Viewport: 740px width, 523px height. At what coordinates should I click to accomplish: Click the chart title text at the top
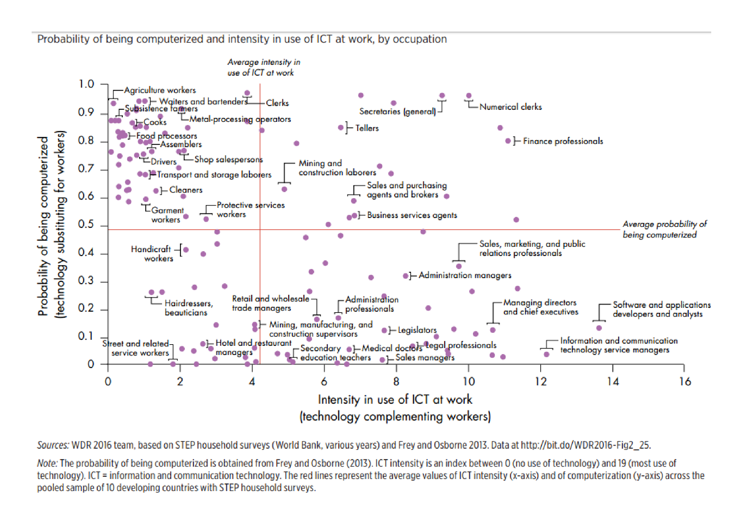[242, 39]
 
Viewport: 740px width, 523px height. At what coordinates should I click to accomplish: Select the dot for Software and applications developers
[599, 328]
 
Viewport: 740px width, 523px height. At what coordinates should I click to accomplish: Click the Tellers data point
[341, 128]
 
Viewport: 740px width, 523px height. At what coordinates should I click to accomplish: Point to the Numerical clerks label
[511, 107]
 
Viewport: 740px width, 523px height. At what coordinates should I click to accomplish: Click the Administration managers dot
[406, 276]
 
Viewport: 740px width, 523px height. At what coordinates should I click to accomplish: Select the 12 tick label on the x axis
[541, 382]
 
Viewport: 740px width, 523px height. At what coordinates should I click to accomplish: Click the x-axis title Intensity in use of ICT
[395, 400]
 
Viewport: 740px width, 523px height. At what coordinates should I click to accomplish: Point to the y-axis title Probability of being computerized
[43, 226]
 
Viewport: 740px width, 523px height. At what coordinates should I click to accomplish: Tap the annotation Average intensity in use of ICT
[263, 67]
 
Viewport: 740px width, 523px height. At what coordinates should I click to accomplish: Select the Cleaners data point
[156, 191]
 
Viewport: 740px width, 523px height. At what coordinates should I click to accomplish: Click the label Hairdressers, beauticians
[188, 308]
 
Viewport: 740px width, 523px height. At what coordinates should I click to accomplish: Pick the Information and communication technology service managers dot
[546, 354]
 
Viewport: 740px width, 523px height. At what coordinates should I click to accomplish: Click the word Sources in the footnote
[53, 445]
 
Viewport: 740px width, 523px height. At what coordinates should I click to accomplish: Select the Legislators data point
[384, 330]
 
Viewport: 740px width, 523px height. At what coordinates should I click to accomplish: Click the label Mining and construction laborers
[337, 168]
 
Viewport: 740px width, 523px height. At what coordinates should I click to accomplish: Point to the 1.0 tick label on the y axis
[86, 84]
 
